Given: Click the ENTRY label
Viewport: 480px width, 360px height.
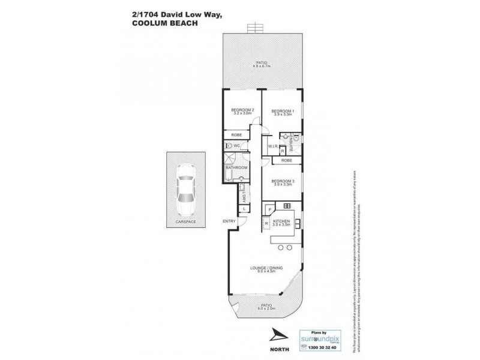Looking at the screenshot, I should point(229,221).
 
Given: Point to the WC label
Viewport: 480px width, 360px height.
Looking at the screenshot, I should point(238,145).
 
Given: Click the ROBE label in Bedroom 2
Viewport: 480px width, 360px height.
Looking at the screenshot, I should point(236,135).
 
